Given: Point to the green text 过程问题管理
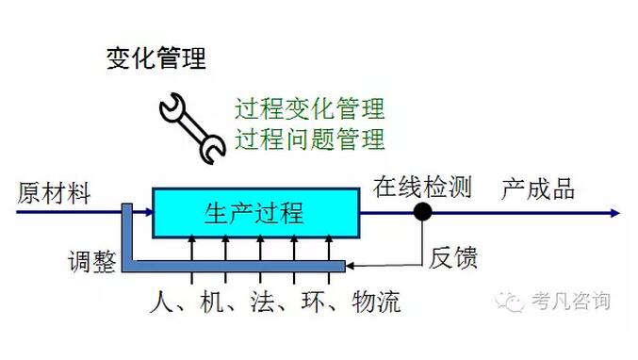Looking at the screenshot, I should point(309,139).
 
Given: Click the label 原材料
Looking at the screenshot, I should point(54,192).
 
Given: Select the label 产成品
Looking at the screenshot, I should point(537,188).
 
